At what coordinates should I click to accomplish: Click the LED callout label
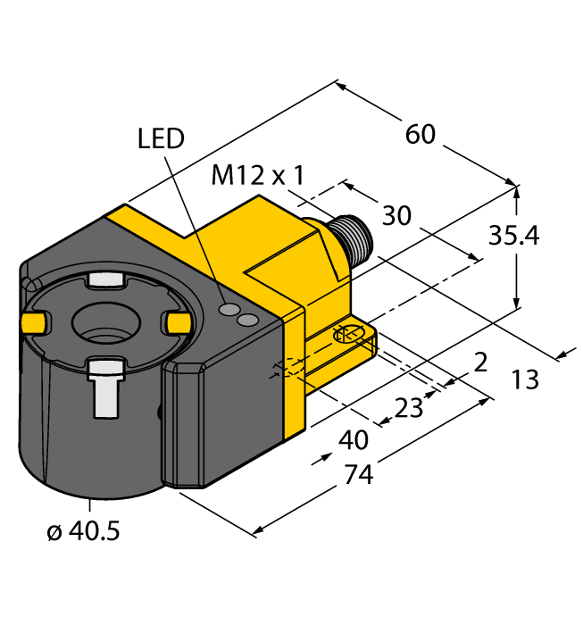click(x=161, y=138)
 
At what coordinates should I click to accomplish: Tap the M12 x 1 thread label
click(x=257, y=176)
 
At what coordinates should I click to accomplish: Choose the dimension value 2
click(x=480, y=362)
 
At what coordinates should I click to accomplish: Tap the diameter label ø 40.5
click(x=83, y=532)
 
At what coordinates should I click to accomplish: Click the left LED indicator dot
click(x=231, y=310)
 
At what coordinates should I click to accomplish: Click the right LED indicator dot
click(x=249, y=319)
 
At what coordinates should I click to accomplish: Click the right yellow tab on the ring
click(x=178, y=321)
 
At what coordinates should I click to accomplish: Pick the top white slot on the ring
click(x=106, y=281)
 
